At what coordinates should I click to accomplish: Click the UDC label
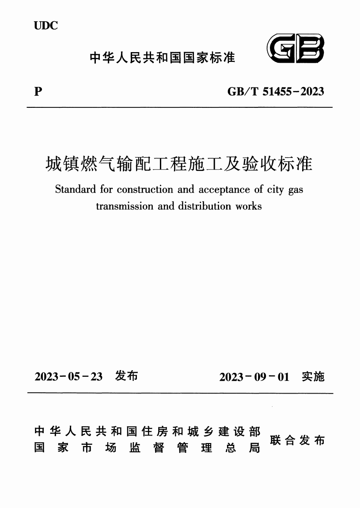(45, 26)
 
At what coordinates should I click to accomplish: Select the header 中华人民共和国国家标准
(162, 57)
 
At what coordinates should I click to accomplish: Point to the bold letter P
(38, 92)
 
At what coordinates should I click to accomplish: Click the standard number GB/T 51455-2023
(276, 92)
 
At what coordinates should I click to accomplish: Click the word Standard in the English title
(75, 190)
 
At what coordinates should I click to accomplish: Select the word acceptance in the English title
(225, 190)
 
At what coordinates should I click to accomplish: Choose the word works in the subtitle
(249, 206)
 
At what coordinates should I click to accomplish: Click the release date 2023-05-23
(68, 377)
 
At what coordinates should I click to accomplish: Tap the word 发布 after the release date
(126, 376)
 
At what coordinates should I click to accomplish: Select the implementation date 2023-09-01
(254, 377)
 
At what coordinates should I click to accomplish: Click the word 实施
(313, 376)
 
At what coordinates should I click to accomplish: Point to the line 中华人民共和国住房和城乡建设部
(147, 431)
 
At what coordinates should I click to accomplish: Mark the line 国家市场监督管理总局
(147, 448)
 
